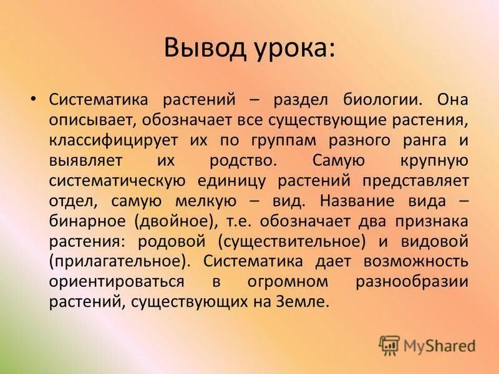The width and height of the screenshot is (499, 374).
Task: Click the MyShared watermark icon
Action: tap(390, 345)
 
